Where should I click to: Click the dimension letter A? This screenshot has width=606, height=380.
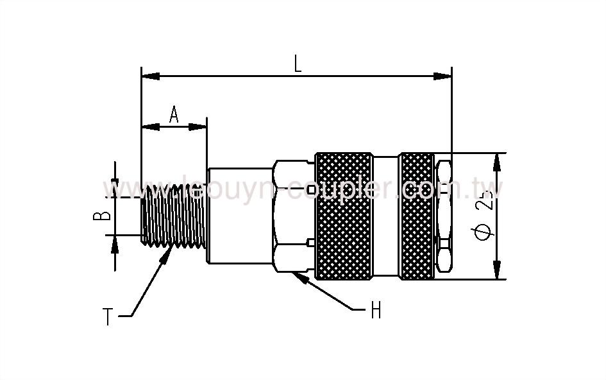point(174,114)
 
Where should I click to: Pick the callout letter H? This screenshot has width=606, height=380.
point(376,311)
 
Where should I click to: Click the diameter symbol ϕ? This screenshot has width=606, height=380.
point(486,231)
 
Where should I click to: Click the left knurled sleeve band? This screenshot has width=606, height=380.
point(343,216)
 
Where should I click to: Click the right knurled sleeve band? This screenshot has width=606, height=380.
point(418,216)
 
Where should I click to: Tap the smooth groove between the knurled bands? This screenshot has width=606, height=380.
point(386,216)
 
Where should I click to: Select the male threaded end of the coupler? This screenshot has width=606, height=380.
point(173,216)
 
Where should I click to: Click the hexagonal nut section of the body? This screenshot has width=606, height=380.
point(292,216)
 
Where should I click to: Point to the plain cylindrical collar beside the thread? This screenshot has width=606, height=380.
point(239,216)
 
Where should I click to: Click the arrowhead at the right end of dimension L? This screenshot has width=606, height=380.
point(444,76)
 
